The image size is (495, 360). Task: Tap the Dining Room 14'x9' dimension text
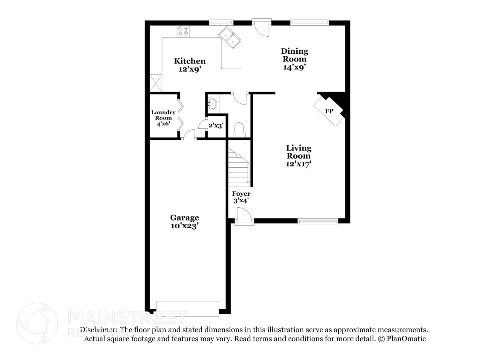point(294,67)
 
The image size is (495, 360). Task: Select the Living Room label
point(298,152)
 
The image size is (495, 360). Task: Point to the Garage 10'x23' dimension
point(185,226)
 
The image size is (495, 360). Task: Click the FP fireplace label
point(329,111)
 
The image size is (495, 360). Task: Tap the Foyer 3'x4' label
point(241,197)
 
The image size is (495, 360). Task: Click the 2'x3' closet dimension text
point(216,125)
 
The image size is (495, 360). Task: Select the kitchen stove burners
point(183,31)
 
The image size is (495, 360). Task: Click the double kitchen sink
point(230,37)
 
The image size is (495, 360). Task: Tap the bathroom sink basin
point(212,103)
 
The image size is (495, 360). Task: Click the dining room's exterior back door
point(261,26)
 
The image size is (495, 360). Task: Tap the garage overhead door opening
point(188,309)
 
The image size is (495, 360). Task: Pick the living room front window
point(318,221)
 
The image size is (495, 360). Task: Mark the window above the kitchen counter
point(221,22)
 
